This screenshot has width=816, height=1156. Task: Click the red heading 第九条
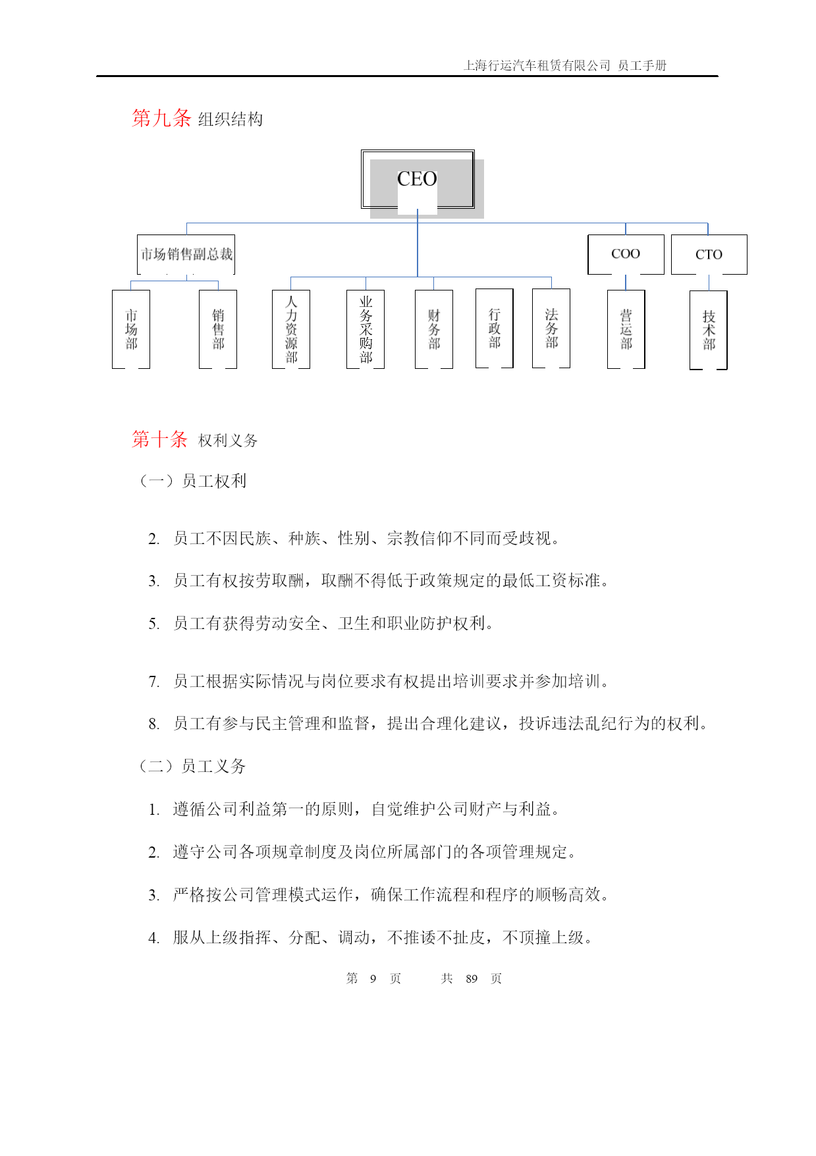(x=161, y=118)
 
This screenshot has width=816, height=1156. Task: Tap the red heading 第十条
(x=160, y=439)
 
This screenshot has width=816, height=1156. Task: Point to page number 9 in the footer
(x=373, y=979)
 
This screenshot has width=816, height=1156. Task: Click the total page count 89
(x=472, y=979)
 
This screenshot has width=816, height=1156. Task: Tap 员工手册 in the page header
(x=642, y=65)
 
